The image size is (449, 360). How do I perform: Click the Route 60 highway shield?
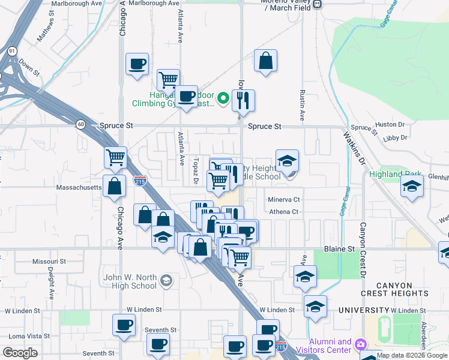[x=80, y=124]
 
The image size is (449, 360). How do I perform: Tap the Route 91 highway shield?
[x=12, y=51]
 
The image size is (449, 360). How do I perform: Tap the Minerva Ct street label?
[x=283, y=199]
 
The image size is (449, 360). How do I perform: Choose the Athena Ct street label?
[x=283, y=212]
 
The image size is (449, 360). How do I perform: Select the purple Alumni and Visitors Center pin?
[x=360, y=344]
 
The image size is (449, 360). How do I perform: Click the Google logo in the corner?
[x=20, y=353]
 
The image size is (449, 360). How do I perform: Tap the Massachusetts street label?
[x=79, y=188]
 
